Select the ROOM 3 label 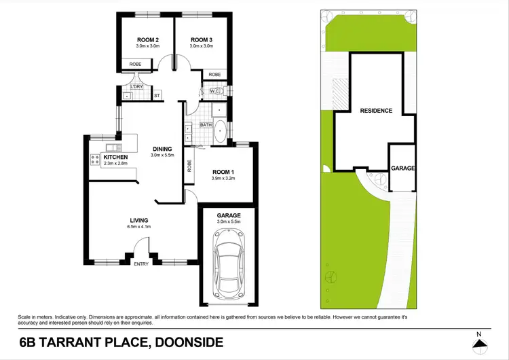202,39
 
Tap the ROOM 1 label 223,171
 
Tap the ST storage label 157,96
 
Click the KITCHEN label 115,157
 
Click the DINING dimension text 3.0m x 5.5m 162,156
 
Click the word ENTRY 141,264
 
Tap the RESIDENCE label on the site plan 376,110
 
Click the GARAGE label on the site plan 403,168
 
